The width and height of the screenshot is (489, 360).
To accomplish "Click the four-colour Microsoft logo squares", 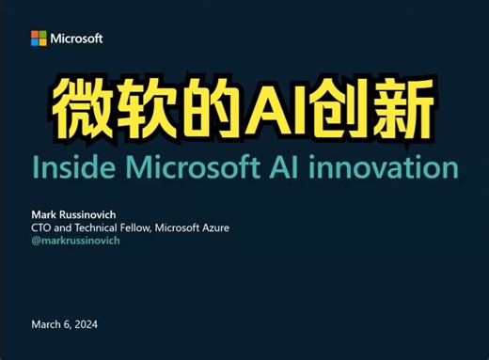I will (x=39, y=39).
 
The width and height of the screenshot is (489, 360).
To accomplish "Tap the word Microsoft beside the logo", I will (x=77, y=39).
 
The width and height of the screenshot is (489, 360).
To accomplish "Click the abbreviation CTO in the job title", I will (x=42, y=227).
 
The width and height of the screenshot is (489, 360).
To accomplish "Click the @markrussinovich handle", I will (x=75, y=240).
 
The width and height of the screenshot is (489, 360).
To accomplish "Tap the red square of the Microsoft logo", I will (x=35, y=35).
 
